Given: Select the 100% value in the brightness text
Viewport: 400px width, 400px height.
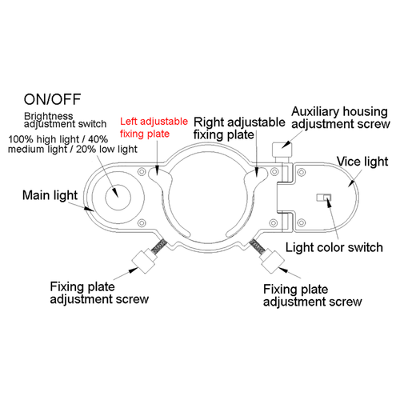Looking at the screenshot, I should (x=22, y=138).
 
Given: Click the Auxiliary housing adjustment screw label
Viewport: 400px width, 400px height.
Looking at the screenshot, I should (x=340, y=118).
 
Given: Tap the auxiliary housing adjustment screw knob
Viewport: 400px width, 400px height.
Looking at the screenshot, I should (x=281, y=149).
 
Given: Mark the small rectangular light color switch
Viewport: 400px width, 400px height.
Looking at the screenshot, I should (x=324, y=198).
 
